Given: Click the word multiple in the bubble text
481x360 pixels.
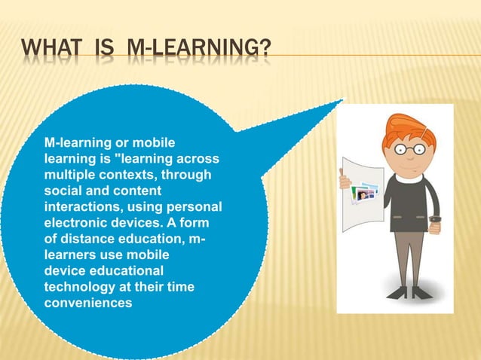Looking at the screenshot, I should point(68,175).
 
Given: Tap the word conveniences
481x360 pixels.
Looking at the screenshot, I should point(87,304).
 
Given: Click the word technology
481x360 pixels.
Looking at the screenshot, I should point(78,288).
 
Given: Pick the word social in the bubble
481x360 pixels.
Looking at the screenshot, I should point(62,191).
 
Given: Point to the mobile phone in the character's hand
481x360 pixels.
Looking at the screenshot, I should point(436,223).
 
